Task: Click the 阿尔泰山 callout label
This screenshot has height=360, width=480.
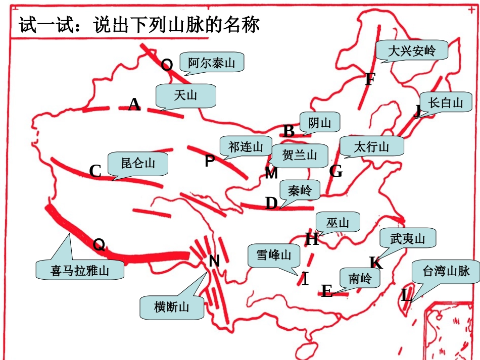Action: click(212, 64)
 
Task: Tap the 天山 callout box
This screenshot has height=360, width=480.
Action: click(186, 95)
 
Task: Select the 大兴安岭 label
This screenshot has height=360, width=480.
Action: click(412, 51)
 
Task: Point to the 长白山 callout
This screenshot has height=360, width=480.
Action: click(445, 103)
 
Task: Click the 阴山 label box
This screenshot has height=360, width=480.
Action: click(319, 123)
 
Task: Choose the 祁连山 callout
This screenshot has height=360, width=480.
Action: click(246, 147)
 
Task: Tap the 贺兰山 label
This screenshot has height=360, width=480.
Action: click(300, 155)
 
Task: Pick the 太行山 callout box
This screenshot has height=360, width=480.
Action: click(372, 147)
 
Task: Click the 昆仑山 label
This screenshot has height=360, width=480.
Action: click(137, 163)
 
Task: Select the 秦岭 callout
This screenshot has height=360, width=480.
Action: click(300, 191)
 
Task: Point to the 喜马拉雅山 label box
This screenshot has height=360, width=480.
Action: click(80, 270)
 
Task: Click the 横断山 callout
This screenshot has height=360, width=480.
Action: click(172, 306)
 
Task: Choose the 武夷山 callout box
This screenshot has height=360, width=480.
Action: click(408, 238)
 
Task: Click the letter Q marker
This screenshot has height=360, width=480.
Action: click(100, 245)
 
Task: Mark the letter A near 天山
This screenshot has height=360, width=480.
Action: click(134, 105)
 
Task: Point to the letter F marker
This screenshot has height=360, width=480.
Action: click(370, 79)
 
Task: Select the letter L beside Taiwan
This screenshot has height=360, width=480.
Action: click(406, 295)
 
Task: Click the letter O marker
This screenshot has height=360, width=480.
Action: click(167, 65)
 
